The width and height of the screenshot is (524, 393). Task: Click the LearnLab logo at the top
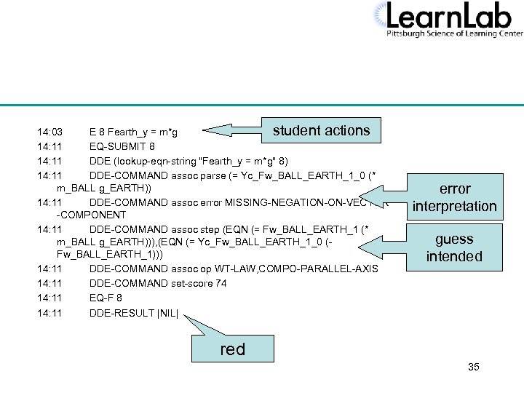[448, 20]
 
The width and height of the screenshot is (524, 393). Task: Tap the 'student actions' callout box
[321, 131]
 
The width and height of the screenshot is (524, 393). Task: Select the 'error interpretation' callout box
[454, 197]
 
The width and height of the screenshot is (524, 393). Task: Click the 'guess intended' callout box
[454, 247]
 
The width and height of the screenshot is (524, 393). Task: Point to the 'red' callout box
[233, 349]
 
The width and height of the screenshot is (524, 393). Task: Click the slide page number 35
[474, 367]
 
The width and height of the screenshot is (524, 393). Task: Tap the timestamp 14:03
[49, 133]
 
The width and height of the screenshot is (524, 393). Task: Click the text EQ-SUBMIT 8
[123, 147]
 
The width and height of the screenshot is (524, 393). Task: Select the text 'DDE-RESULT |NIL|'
[138, 314]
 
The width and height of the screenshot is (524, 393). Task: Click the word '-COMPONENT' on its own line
[91, 215]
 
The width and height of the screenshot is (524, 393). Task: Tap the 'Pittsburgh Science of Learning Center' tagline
[454, 33]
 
